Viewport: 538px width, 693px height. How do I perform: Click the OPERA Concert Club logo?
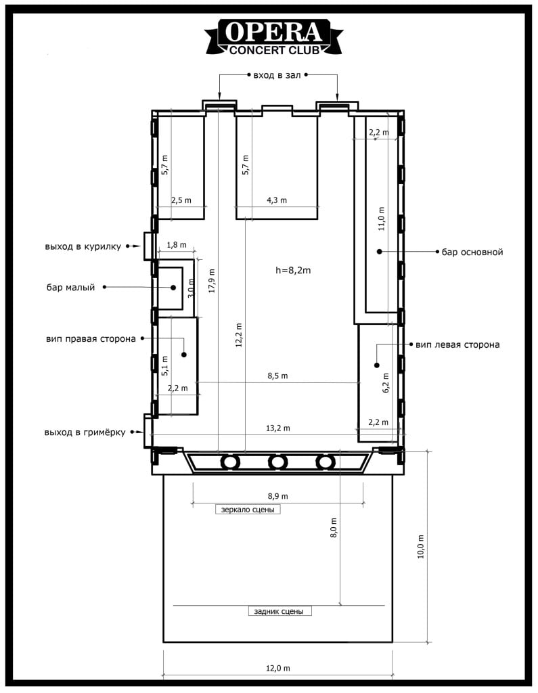pos(273,37)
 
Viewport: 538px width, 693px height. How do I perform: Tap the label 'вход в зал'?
pos(277,75)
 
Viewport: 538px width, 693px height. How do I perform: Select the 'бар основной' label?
pos(472,252)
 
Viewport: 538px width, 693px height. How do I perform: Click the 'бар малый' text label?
pos(71,288)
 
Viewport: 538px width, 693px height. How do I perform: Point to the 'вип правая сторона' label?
pos(91,339)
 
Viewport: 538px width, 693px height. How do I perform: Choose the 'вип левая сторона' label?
pos(457,344)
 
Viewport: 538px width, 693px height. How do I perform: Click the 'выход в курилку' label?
pos(83,246)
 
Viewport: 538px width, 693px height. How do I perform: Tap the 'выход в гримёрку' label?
pos(85,432)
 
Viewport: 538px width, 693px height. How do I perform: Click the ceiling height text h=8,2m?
pos(293,270)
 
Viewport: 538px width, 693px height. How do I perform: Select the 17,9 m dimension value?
pos(212,281)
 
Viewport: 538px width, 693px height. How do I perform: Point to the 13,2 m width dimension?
pos(278,428)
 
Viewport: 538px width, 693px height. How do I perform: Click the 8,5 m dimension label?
pos(277,376)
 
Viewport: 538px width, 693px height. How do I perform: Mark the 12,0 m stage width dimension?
pos(278,668)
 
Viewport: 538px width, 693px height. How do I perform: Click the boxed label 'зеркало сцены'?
pos(248,510)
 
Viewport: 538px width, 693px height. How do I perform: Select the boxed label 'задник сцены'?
pos(279,611)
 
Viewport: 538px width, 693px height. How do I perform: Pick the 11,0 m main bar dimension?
pos(382,219)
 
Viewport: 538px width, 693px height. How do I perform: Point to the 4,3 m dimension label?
pos(277,200)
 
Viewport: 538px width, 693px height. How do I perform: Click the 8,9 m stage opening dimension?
pos(278,496)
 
